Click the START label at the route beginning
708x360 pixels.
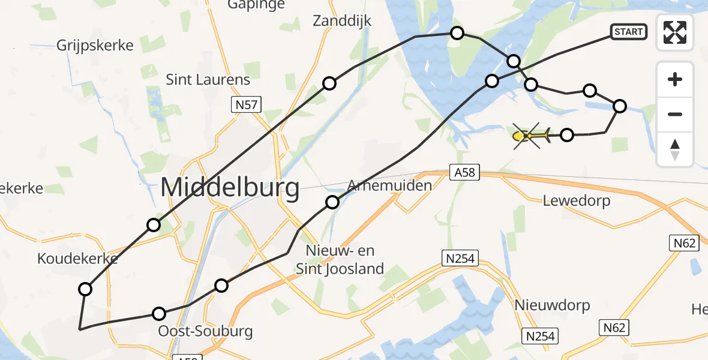(x=628, y=32)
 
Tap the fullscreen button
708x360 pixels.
(x=675, y=32)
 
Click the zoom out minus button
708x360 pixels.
(x=675, y=114)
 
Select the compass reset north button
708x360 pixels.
(x=675, y=149)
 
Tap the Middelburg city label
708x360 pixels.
(x=230, y=188)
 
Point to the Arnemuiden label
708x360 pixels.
(x=389, y=185)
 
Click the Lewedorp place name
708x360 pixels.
(x=577, y=200)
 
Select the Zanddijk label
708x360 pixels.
(x=342, y=21)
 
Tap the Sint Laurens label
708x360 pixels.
(x=208, y=79)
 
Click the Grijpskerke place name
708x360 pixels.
(x=95, y=45)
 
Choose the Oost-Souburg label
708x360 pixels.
(x=205, y=331)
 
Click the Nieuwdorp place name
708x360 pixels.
(x=552, y=305)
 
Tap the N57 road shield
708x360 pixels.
(x=246, y=106)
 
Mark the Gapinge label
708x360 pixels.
(x=257, y=5)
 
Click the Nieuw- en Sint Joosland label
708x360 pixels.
(x=340, y=259)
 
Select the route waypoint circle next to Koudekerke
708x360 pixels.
(x=85, y=289)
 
